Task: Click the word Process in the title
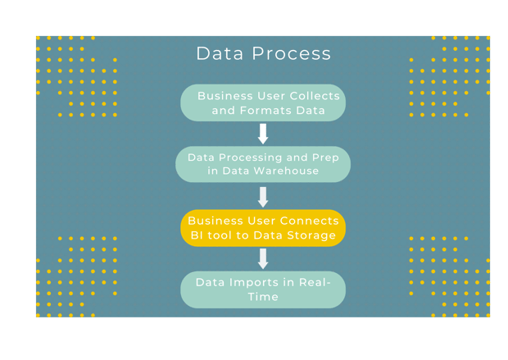[x=292, y=54]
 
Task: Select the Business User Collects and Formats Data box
[x=263, y=103]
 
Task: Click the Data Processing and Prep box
[x=263, y=164]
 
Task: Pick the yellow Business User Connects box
[x=263, y=228]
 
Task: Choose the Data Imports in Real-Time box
[x=263, y=289]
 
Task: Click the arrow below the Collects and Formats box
[x=263, y=134]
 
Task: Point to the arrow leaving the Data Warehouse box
[x=263, y=197]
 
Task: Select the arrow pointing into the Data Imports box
[x=263, y=259]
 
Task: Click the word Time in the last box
[x=263, y=297]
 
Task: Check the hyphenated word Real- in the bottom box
[x=315, y=282]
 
